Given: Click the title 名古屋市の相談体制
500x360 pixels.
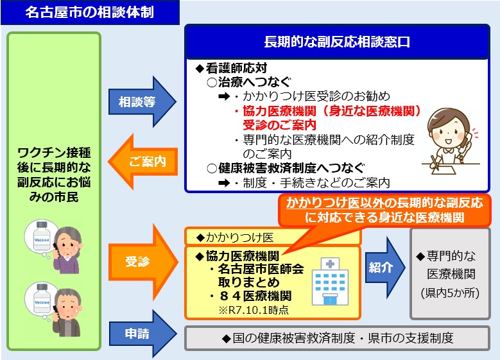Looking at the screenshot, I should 89,13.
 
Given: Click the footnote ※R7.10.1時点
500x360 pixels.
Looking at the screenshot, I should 253,310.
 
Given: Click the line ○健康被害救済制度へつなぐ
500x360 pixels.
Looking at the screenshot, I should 282,168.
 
